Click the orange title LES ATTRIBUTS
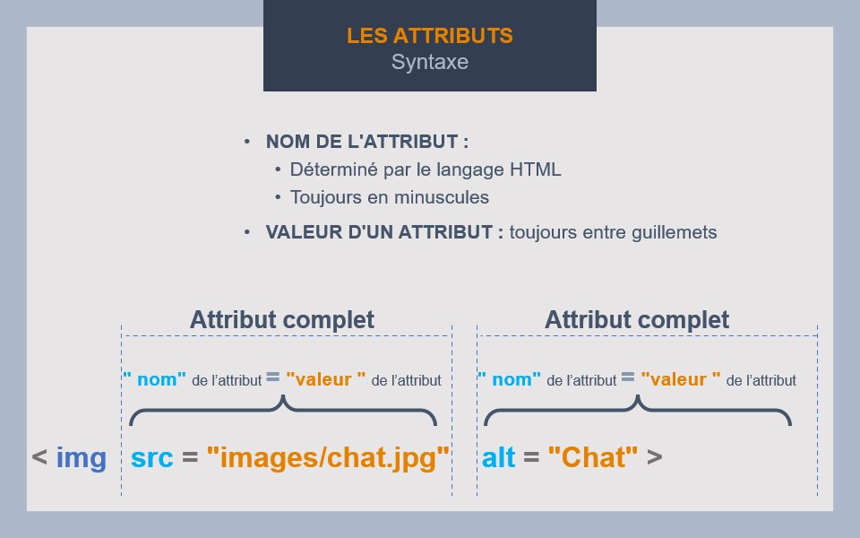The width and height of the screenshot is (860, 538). tap(429, 36)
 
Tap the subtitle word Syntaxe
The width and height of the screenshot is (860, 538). tap(429, 63)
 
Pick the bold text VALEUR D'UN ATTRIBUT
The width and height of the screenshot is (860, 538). tap(384, 232)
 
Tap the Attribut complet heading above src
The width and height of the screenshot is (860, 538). tap(282, 320)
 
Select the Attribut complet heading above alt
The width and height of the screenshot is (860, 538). tap(637, 320)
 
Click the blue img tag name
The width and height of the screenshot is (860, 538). tap(81, 458)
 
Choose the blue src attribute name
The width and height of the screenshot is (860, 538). tap(152, 458)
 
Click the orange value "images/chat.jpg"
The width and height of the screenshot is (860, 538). tap(327, 458)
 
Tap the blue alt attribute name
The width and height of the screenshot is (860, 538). tap(499, 458)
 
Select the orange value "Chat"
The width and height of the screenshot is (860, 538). tap(592, 458)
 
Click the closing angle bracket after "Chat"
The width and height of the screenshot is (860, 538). tap(654, 458)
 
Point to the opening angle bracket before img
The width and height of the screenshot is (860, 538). tap(39, 458)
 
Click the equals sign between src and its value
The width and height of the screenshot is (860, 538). tap(189, 458)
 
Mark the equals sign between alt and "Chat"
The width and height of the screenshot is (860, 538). tap(531, 458)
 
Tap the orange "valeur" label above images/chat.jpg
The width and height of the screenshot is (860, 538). tap(326, 379)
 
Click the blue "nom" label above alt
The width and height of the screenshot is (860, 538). tap(510, 379)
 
